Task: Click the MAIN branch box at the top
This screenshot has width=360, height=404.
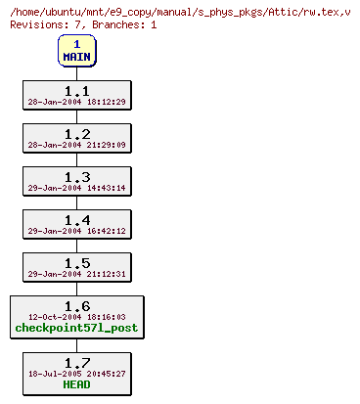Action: click(76, 51)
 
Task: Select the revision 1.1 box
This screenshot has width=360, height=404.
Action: click(76, 94)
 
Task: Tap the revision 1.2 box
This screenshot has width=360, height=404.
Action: click(76, 137)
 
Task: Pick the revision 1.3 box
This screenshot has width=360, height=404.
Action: click(76, 180)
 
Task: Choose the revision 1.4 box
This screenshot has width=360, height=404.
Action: click(76, 223)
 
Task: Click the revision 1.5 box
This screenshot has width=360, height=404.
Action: click(76, 266)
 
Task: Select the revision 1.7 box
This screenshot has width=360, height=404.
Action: click(76, 372)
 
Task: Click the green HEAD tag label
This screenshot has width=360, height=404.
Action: click(76, 384)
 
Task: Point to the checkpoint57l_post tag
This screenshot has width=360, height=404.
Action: click(76, 329)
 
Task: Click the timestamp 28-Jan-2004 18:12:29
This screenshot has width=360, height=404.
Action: click(76, 101)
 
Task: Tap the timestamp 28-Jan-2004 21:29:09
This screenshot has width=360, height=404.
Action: click(76, 144)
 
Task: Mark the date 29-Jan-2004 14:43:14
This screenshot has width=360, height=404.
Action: click(76, 187)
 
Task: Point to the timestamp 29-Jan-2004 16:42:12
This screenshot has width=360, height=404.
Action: click(76, 230)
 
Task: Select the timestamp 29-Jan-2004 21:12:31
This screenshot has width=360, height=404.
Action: click(76, 273)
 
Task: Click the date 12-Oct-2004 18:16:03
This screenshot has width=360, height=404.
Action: click(76, 317)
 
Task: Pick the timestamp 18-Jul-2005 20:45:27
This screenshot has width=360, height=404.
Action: click(76, 373)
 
